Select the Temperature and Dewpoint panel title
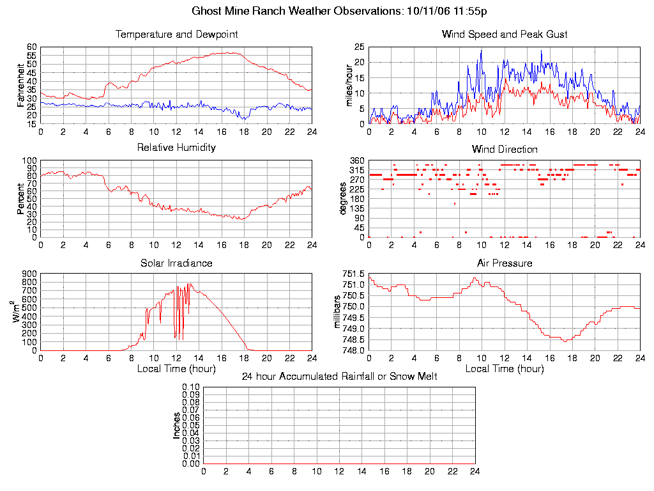pyautogui.click(x=176, y=34)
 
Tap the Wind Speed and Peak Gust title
pyautogui.click(x=505, y=34)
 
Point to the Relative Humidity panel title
pyautogui.click(x=176, y=148)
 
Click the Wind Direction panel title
pyautogui.click(x=505, y=150)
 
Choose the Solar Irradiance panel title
pyautogui.click(x=176, y=263)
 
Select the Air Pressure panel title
pyautogui.click(x=505, y=263)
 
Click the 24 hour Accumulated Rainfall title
pyautogui.click(x=339, y=377)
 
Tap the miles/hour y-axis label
pyautogui.click(x=349, y=86)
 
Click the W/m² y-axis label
pyautogui.click(x=19, y=312)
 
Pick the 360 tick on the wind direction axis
pyautogui.click(x=357, y=160)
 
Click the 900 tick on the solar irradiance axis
pyautogui.click(x=30, y=274)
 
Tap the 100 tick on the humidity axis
pyautogui.click(x=30, y=160)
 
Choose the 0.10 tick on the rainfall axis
pyautogui.click(x=191, y=387)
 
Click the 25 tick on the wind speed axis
pyautogui.click(x=360, y=47)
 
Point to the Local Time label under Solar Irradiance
pyautogui.click(x=176, y=369)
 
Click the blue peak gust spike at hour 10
pyautogui.click(x=481, y=51)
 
